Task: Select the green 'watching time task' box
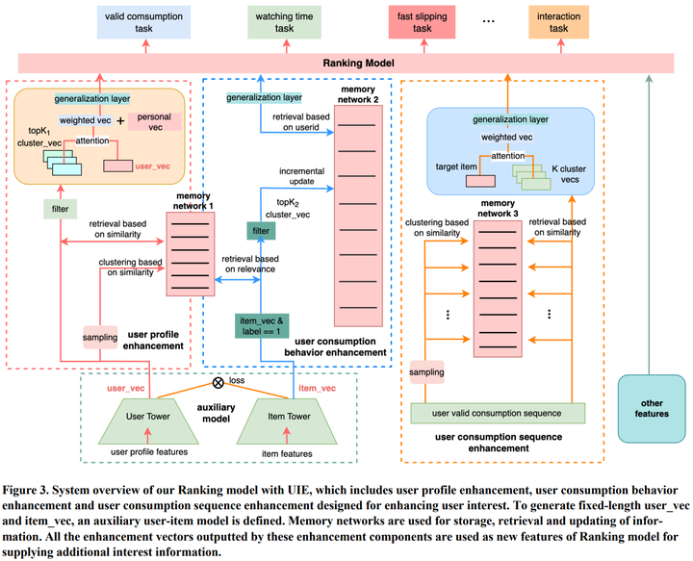[x=285, y=23]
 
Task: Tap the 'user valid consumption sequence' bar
[x=497, y=413]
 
